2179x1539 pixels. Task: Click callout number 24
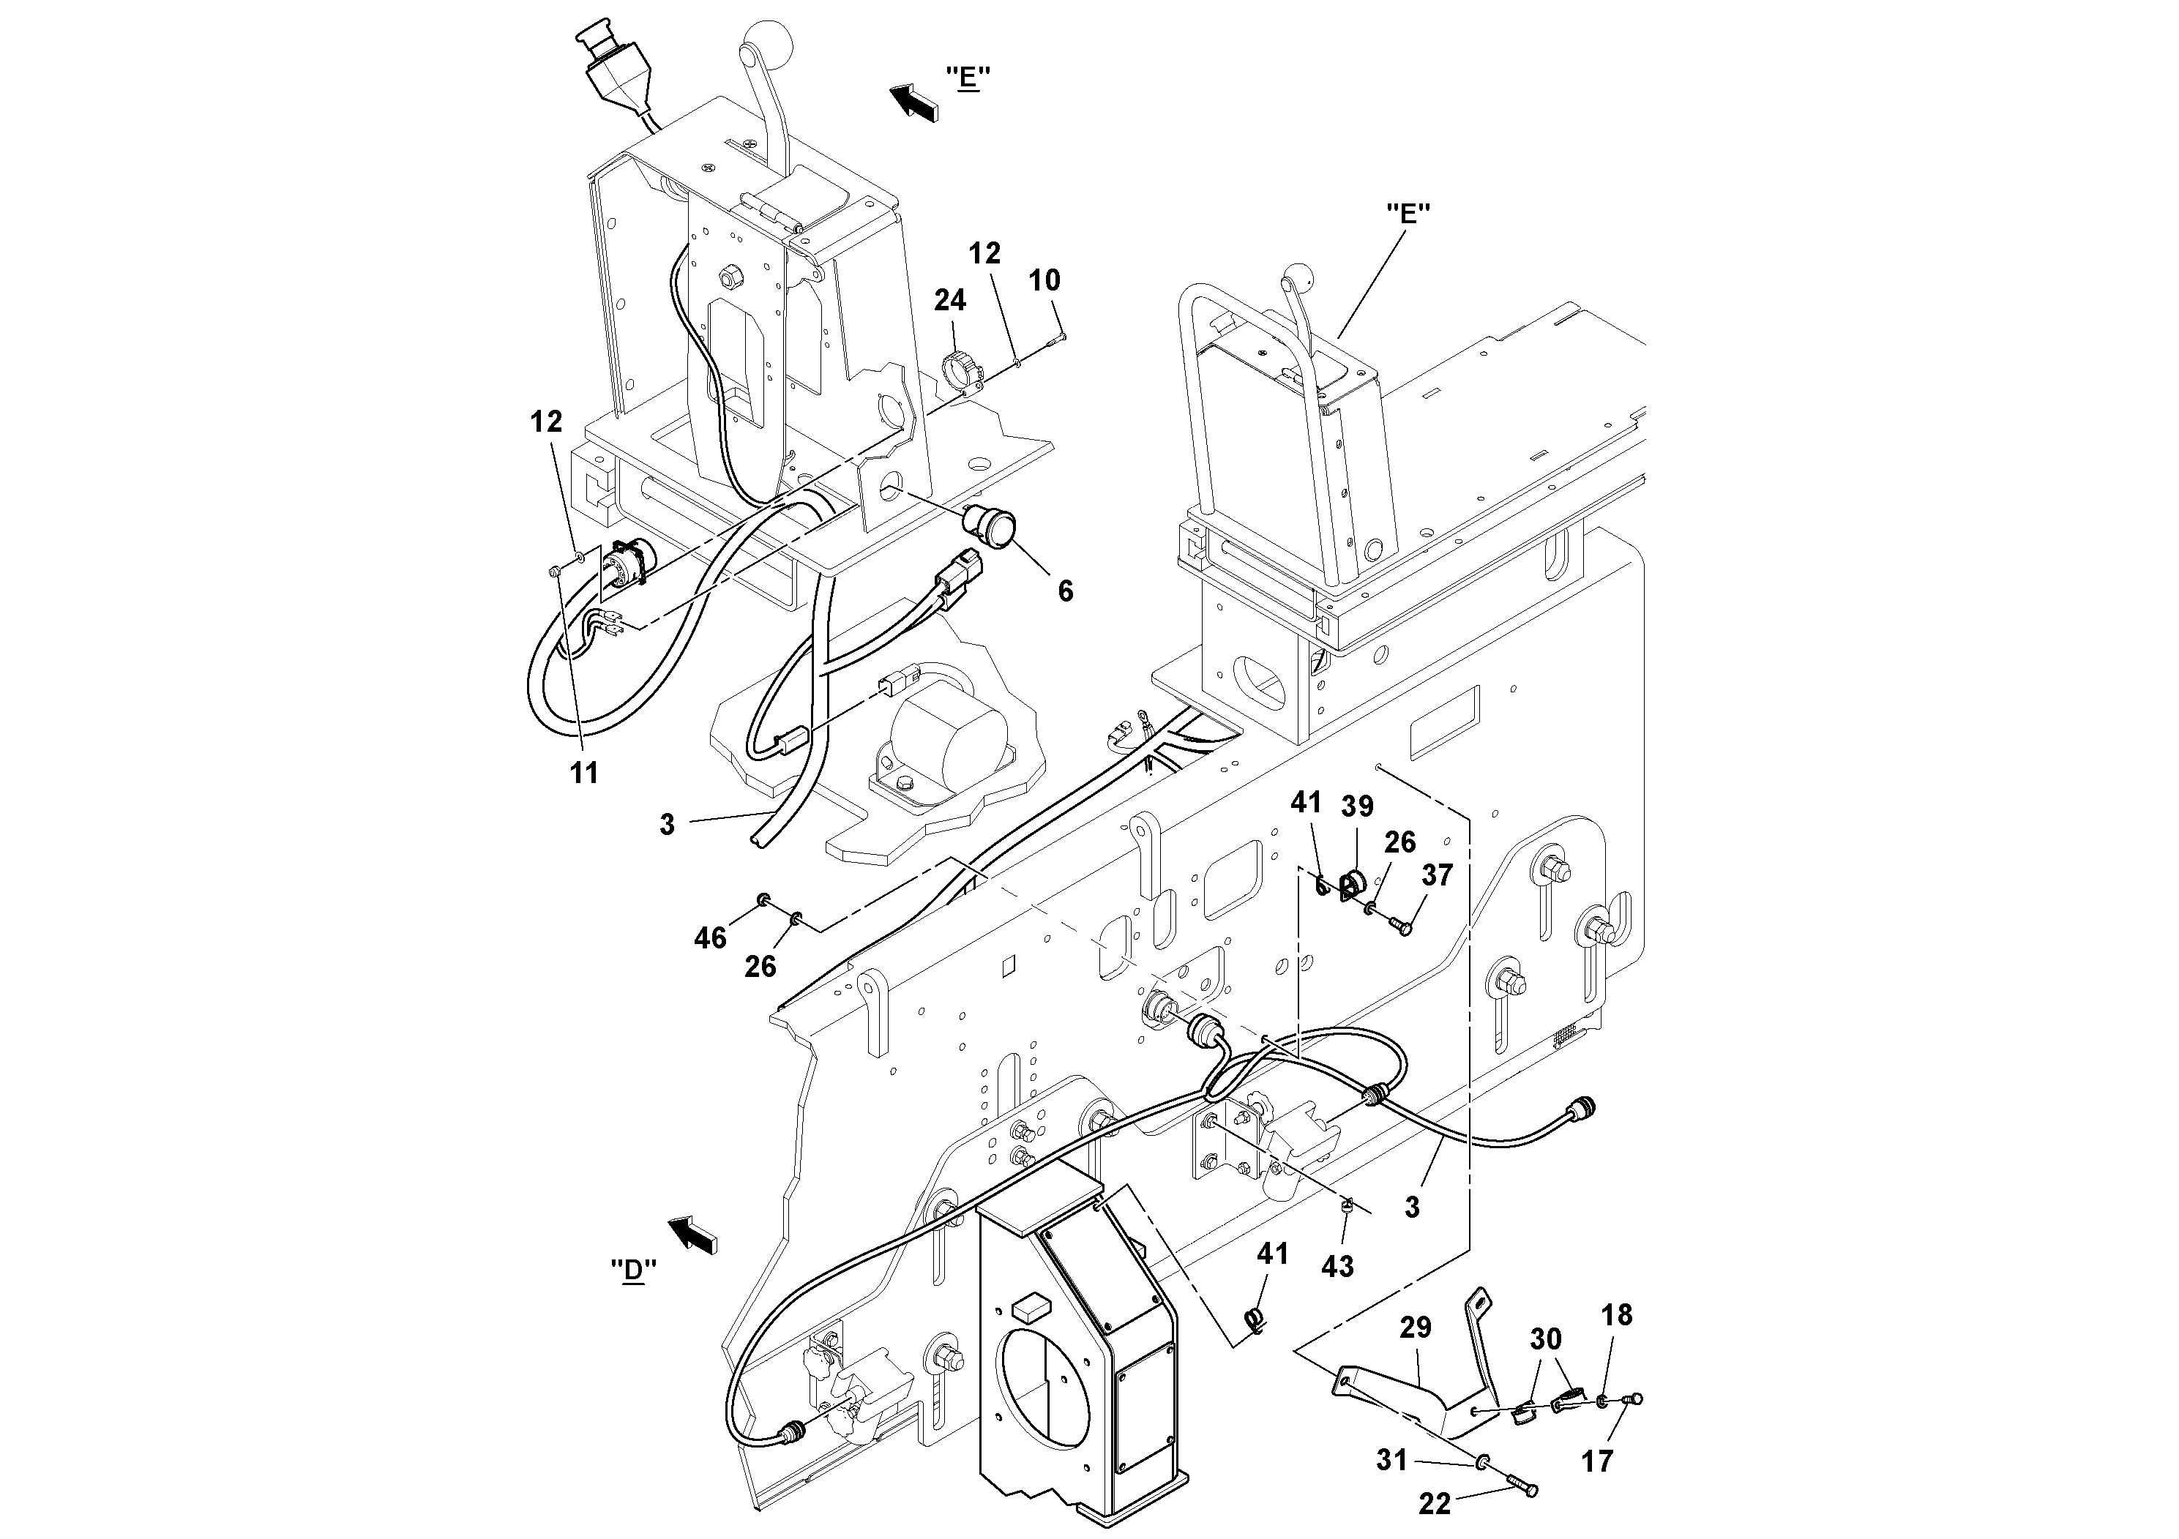pos(949,301)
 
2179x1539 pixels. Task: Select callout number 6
pos(1066,591)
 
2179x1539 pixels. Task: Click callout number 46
pos(710,938)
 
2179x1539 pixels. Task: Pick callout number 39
pos(1357,806)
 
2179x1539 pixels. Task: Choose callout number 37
pos(1437,875)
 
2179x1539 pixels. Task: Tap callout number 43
pos(1337,1266)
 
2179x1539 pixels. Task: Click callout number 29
pos(1415,1328)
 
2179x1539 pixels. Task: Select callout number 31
pos(1391,1460)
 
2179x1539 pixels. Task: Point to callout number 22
pos(1435,1504)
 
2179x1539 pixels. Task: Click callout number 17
pos(1597,1462)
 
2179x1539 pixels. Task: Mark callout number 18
pos(1616,1315)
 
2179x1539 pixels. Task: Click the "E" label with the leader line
pos(1408,214)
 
